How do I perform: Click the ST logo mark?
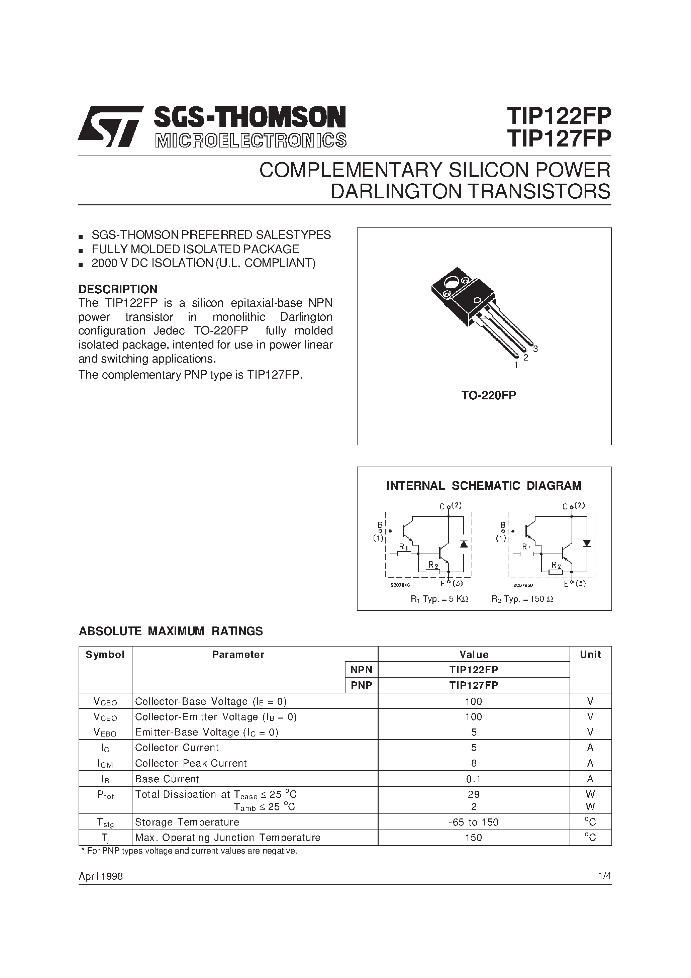coord(110,126)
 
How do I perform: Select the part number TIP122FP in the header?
coord(559,115)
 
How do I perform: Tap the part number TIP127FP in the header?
coord(559,138)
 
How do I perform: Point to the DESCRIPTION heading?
coord(118,289)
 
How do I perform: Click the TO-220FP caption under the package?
coord(488,395)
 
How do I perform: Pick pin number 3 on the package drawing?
coord(535,349)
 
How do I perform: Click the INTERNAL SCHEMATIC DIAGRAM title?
coord(484,486)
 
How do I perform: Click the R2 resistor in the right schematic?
coord(556,572)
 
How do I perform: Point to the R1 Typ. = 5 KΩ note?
coord(439,599)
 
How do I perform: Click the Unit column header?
coord(590,655)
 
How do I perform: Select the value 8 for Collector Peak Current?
coord(474,763)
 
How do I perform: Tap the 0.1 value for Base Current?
coord(473,779)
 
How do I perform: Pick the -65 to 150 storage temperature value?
coord(473,822)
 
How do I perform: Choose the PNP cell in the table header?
coord(361,685)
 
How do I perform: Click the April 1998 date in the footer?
coord(101,876)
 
